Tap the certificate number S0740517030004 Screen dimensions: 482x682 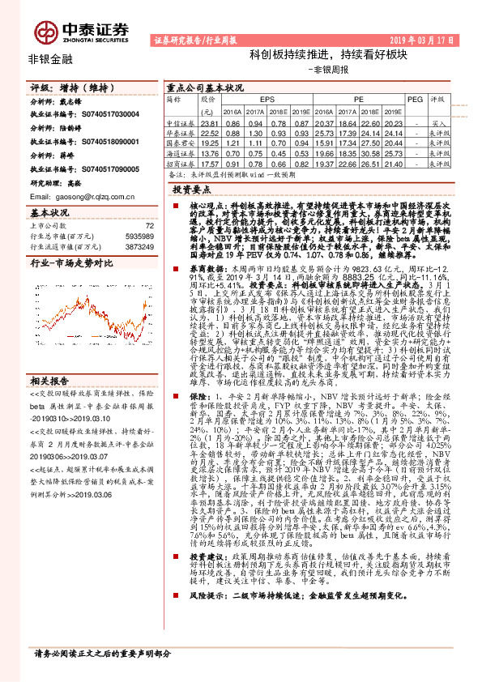coord(109,115)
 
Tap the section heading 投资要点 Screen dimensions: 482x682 coord(191,187)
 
